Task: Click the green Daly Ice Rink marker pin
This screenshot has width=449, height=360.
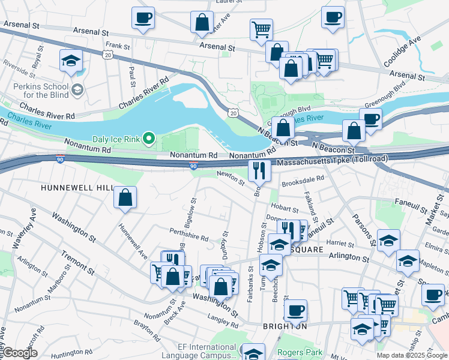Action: click(x=149, y=140)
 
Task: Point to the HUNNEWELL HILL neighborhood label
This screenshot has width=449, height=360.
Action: click(x=77, y=188)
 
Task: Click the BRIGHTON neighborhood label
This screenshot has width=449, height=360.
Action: click(x=285, y=326)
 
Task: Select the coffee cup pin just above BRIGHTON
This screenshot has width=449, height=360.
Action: click(x=295, y=310)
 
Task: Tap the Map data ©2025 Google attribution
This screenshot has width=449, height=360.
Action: click(x=412, y=355)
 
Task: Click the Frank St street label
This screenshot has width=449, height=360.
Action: click(x=118, y=46)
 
